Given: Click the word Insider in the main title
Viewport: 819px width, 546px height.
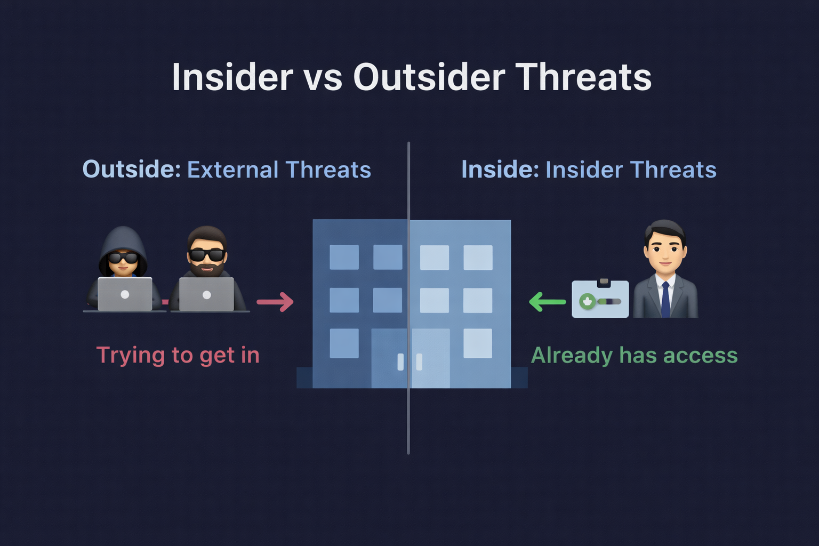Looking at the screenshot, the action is [232, 77].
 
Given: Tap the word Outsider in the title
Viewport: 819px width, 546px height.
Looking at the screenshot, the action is [429, 77].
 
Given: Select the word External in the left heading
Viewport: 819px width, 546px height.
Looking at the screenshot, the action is [233, 170].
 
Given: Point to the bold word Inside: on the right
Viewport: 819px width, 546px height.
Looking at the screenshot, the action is [500, 170].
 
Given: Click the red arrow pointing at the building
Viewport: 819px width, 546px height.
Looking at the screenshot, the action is [275, 302].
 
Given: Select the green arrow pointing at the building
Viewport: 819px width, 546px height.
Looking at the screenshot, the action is [548, 302].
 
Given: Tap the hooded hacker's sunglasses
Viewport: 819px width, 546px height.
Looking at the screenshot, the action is [123, 258].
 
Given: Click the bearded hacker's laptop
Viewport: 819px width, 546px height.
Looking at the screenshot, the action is [206, 294].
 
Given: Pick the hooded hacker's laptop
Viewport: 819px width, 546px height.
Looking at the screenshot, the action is [125, 294].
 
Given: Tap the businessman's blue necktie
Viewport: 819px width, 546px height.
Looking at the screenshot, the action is [665, 300].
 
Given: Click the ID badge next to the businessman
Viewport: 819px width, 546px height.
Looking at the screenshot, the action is [600, 299].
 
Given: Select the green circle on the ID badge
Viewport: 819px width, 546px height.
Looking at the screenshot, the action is [588, 302].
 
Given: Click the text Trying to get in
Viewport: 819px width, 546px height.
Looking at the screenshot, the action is [178, 355].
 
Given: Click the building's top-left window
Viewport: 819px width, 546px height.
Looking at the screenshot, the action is [344, 257].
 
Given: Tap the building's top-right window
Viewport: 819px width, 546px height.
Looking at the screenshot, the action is [478, 258].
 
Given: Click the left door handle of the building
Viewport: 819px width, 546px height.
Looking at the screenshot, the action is [401, 362].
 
